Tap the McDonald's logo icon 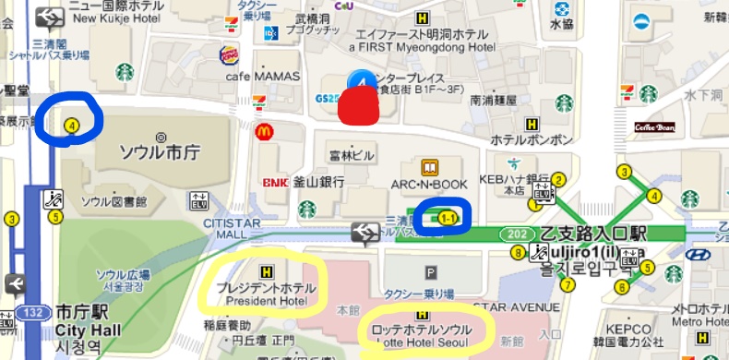pyautogui.click(x=264, y=132)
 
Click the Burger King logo pyautogui.click(x=229, y=56)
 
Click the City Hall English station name pyautogui.click(x=88, y=330)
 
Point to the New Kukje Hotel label pyautogui.click(x=111, y=18)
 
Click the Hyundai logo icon pyautogui.click(x=699, y=255)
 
